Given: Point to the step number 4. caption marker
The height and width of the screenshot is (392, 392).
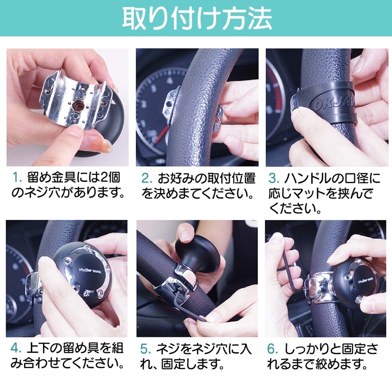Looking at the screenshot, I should pos(16,349).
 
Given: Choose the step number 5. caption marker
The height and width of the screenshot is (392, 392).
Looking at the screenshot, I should pos(146,349).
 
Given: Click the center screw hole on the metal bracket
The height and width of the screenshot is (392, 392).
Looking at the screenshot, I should pos(77,105).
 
